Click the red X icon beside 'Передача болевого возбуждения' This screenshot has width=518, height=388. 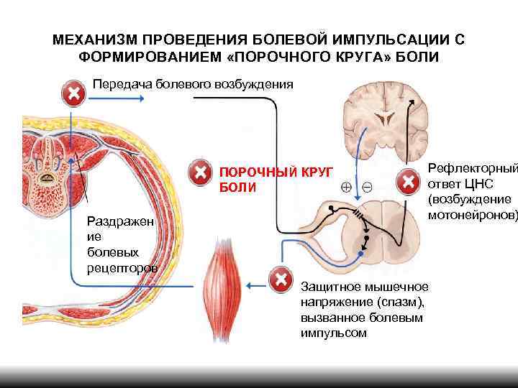point(73,93)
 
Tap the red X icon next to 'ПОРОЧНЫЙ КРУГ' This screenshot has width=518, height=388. point(199,172)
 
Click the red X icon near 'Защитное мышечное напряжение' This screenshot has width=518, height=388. point(281,280)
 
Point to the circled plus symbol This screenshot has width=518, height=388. point(346,187)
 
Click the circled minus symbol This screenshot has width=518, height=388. point(367,187)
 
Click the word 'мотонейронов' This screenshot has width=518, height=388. point(472,214)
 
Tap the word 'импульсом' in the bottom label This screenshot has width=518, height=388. point(334,333)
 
